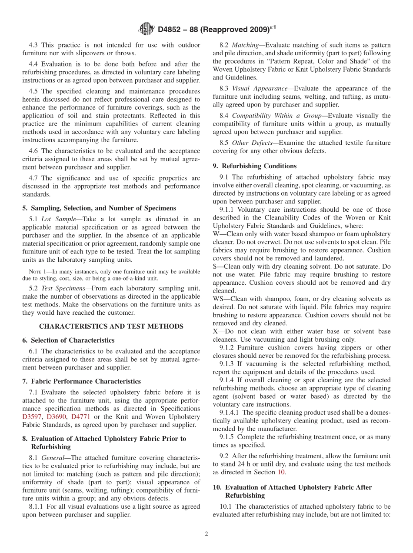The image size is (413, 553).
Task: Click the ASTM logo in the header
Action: click(x=146, y=29)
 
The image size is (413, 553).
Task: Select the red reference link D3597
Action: click(x=33, y=417)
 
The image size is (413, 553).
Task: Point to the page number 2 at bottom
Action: click(x=206, y=534)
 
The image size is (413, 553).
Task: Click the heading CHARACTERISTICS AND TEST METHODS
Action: click(x=111, y=326)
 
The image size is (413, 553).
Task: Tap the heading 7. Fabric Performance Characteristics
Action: click(x=81, y=381)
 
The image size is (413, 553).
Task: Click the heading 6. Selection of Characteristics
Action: click(x=68, y=340)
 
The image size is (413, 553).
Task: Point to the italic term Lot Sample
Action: click(x=59, y=219)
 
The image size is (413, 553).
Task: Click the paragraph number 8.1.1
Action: click(x=37, y=506)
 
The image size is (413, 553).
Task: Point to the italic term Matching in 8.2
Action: click(x=246, y=45)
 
